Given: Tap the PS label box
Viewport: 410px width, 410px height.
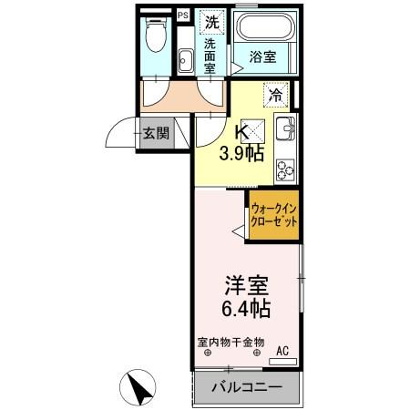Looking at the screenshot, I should [182, 15].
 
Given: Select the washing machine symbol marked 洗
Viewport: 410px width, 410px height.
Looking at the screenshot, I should [210, 21].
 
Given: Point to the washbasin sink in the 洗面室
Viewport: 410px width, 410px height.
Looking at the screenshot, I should [186, 59].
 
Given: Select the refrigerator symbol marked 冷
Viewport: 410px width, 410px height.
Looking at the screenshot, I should [274, 92].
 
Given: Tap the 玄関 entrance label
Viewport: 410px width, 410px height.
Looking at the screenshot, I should [155, 134].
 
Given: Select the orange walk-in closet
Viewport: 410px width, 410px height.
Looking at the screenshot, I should [275, 218].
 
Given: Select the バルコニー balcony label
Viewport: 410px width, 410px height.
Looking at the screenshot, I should [246, 387].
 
